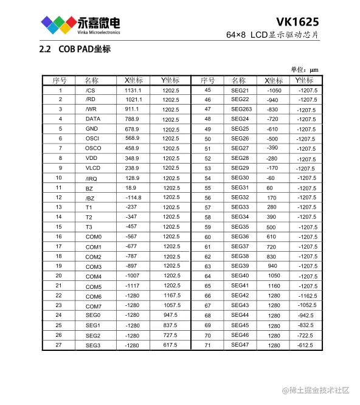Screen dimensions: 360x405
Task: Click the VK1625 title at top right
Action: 297,21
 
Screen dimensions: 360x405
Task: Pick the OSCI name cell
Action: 92,139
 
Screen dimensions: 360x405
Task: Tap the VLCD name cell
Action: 92,168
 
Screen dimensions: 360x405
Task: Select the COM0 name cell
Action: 94,237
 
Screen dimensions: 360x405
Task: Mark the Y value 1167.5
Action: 171,296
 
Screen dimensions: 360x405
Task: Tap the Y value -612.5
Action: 307,345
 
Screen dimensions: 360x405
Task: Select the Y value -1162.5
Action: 307,296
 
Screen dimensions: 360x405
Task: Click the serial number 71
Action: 207,345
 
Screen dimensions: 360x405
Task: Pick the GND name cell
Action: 91,129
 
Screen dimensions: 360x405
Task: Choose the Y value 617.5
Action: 170,345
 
